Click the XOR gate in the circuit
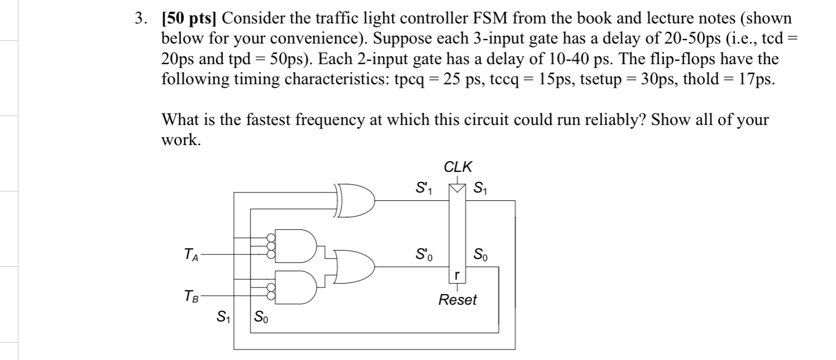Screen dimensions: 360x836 (357, 198)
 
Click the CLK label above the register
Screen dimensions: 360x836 (457, 166)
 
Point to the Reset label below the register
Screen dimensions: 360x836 (457, 300)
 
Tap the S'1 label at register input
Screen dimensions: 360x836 (422, 185)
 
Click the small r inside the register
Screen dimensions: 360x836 (457, 275)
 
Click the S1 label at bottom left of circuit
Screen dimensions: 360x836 (222, 318)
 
